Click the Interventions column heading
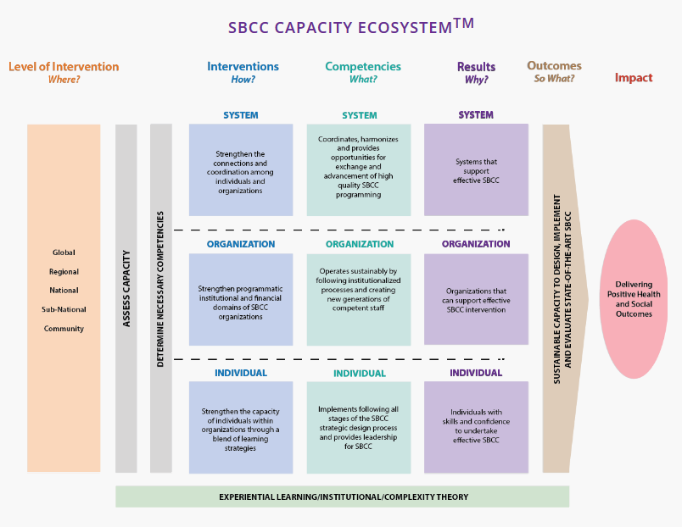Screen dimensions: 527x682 (243, 67)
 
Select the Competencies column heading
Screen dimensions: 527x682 (363, 67)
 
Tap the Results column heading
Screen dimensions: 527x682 (476, 67)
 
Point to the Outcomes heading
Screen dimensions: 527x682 (554, 66)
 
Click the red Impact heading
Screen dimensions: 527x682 (634, 78)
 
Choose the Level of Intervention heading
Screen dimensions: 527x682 (64, 67)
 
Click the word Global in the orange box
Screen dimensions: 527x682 (64, 252)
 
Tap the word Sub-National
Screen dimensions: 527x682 (64, 309)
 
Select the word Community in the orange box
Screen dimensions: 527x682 (64, 329)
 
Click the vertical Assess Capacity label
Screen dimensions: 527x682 (126, 288)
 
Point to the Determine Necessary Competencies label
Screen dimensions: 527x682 (161, 288)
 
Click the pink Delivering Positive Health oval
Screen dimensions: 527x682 (634, 298)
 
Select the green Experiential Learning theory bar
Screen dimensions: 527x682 (343, 496)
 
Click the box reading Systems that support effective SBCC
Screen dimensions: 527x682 (476, 170)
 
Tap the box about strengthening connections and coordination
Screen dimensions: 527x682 (241, 170)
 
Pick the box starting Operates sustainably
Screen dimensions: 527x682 (359, 299)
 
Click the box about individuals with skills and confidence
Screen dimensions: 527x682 (476, 426)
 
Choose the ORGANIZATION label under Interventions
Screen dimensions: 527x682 (241, 244)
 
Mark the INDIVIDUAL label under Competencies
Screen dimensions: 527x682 (359, 373)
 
